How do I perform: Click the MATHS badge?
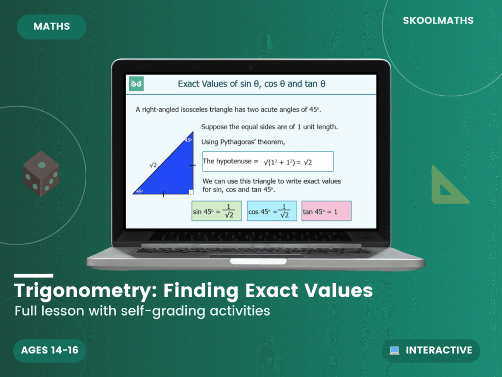pos(51,27)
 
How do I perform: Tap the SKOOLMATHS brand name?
pos(438,21)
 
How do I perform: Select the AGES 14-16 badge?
pos(50,350)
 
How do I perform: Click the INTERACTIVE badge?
pos(431,350)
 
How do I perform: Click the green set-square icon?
pos(448,187)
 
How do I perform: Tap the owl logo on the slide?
pos(136,84)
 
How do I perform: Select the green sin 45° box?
pos(216,211)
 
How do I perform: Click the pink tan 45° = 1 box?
pos(326,211)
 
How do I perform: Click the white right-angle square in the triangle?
pos(191,191)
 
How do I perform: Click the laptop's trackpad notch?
pos(251,261)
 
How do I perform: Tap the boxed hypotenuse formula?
pos(268,162)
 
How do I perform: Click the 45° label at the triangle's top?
pos(188,140)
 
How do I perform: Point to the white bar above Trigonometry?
pos(33,276)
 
